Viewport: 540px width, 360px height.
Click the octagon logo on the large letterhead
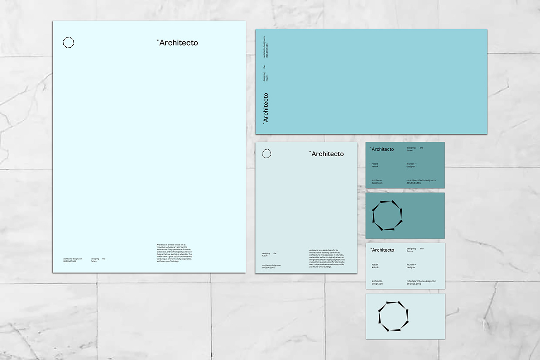68,43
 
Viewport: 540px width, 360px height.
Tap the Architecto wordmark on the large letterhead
178,43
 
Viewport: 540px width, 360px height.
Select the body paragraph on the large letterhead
174,252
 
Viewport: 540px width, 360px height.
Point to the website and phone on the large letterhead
72,260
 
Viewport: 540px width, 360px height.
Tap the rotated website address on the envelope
265,50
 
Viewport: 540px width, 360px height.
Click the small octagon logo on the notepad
267,154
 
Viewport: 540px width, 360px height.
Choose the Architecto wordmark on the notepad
327,154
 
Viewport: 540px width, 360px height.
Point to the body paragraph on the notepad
327,258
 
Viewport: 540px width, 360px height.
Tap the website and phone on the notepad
271,266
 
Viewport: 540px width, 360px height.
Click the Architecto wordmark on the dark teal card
382,149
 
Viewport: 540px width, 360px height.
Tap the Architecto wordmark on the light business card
382,250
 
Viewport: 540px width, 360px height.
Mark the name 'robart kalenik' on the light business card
375,266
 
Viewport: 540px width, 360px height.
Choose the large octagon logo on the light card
393,316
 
